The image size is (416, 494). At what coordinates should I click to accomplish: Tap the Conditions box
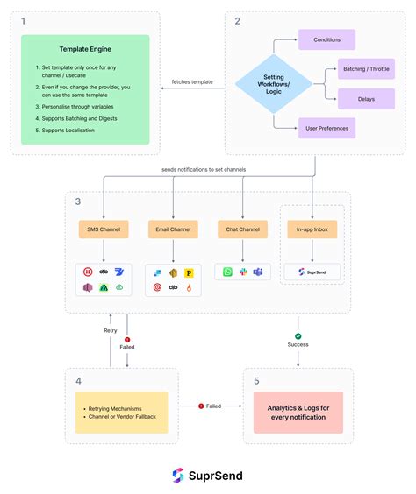tap(326, 39)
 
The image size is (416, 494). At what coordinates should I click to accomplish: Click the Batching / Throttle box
tap(366, 69)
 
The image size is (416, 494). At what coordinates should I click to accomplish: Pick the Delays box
tap(366, 99)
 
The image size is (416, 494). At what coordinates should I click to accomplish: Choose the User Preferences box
tap(326, 129)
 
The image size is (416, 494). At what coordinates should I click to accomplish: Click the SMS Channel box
tap(103, 229)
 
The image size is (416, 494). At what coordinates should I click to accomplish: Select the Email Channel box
tap(173, 229)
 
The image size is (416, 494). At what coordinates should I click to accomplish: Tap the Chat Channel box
tap(242, 229)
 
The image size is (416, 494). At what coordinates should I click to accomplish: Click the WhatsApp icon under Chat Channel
tap(227, 272)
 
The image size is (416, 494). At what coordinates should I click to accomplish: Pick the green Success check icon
tap(298, 336)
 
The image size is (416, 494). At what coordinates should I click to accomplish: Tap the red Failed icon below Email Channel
tap(127, 339)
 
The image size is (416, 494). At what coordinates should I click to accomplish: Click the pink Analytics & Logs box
tap(298, 411)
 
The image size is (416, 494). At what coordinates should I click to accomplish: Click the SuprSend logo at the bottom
tap(207, 475)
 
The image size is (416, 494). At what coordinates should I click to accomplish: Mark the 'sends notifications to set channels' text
tap(203, 168)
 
